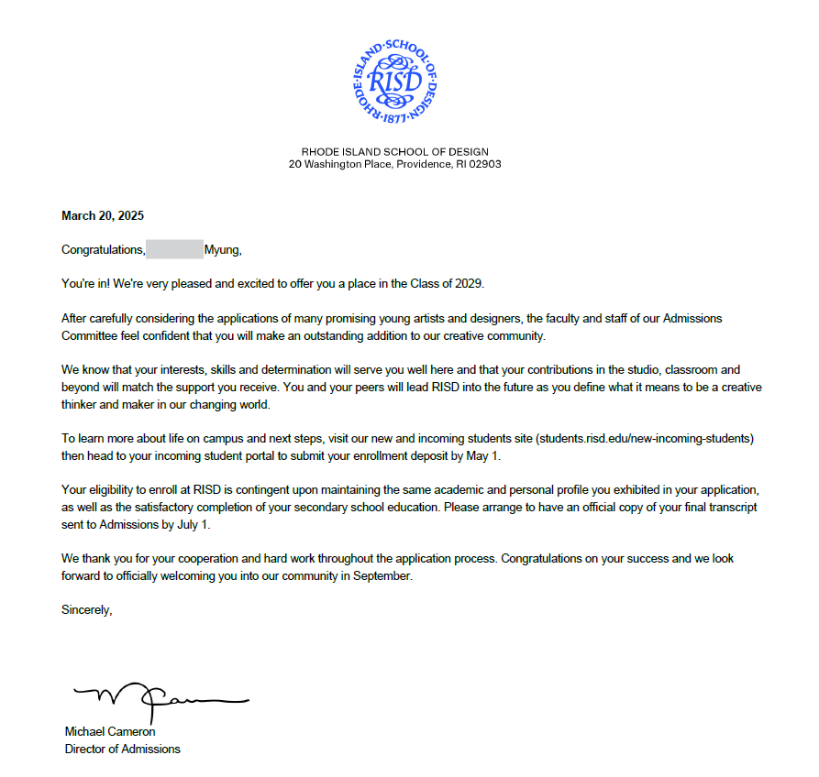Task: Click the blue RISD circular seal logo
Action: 394,81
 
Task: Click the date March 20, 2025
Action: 103,216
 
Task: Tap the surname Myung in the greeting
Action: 221,249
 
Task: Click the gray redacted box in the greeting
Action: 174,249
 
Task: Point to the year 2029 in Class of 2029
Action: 481,284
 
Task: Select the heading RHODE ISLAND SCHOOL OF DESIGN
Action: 394,152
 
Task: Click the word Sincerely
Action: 86,609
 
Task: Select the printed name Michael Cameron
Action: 110,732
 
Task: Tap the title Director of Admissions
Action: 122,749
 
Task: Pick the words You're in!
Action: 85,284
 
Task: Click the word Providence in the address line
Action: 424,165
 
